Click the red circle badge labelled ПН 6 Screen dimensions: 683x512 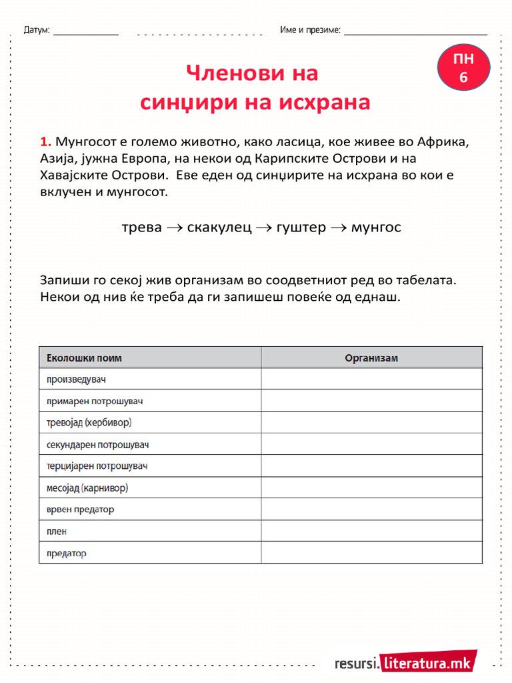pyautogui.click(x=464, y=68)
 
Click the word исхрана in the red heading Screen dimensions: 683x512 pyautogui.click(x=325, y=103)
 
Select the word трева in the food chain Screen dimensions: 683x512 pyautogui.click(x=141, y=227)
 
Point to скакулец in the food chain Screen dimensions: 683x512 pyautogui.click(x=219, y=227)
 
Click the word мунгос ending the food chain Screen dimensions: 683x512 pyautogui.click(x=376, y=227)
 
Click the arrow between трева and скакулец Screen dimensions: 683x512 pyautogui.click(x=174, y=228)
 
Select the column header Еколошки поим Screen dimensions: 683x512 pyautogui.click(x=84, y=358)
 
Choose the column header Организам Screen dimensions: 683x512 pyautogui.click(x=371, y=358)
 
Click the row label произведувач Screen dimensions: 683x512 pyautogui.click(x=77, y=380)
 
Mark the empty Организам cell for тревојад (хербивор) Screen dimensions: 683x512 pyautogui.click(x=371, y=423)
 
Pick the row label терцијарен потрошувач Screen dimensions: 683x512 pyautogui.click(x=97, y=466)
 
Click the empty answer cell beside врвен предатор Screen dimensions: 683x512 pyautogui.click(x=371, y=510)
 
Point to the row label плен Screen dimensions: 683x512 pyautogui.click(x=57, y=532)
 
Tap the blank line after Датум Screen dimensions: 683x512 pyautogui.click(x=85, y=32)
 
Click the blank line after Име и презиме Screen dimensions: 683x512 pyautogui.click(x=415, y=32)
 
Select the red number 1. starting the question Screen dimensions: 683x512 pyautogui.click(x=45, y=141)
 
